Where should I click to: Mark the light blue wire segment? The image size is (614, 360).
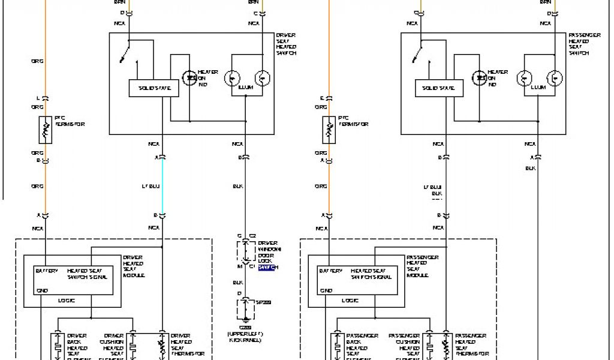point(162,186)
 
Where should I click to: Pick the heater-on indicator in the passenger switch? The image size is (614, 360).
point(480,78)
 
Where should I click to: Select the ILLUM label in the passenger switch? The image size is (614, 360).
point(538,88)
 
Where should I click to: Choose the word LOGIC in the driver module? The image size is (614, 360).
point(67,300)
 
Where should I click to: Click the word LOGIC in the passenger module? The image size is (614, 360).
point(351,300)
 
